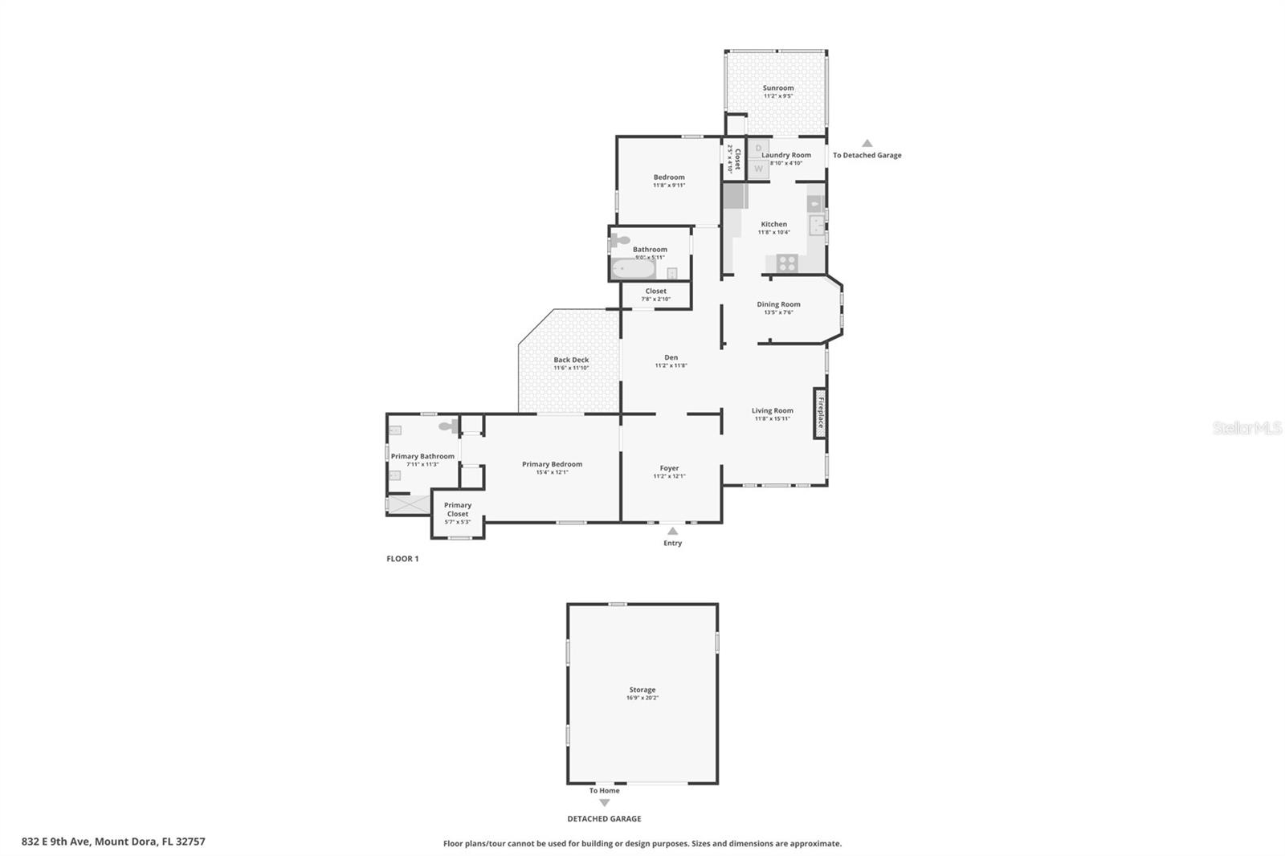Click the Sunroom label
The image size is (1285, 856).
click(777, 88)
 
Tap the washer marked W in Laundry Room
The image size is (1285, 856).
click(758, 169)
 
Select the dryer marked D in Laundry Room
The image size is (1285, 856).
click(758, 148)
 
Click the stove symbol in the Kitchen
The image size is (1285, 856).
click(786, 262)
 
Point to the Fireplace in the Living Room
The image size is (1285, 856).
click(820, 413)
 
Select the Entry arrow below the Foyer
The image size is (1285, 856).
click(672, 531)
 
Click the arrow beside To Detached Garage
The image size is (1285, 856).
click(867, 143)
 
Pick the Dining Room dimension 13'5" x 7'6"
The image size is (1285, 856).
click(777, 312)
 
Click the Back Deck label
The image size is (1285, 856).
click(570, 360)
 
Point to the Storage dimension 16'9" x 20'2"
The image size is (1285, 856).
click(642, 699)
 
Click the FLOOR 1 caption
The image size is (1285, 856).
click(402, 559)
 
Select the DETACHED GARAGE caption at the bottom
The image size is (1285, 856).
click(604, 819)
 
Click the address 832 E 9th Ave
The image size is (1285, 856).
click(112, 842)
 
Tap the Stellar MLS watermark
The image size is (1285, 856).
click(1246, 428)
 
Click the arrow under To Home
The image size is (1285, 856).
click(604, 803)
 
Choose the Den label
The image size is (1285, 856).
click(671, 357)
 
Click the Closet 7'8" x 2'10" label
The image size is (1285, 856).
click(655, 295)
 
